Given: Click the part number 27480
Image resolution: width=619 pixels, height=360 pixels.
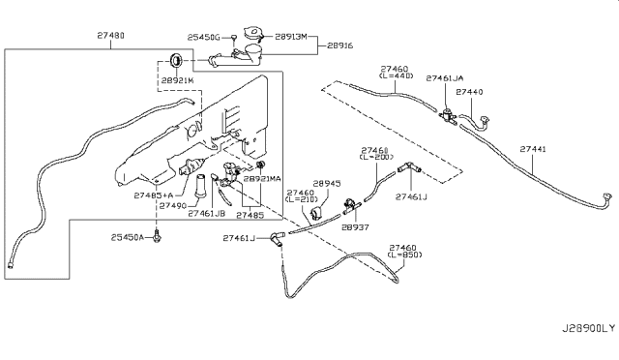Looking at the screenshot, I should click(x=108, y=35).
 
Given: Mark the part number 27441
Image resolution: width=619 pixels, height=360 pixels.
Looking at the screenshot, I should click(x=532, y=149).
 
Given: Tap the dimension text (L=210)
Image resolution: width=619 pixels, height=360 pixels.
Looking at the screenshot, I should click(x=304, y=201).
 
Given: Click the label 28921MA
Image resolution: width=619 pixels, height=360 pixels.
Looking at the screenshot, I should click(x=261, y=179).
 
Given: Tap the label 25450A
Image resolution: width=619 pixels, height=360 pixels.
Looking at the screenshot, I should click(x=127, y=237).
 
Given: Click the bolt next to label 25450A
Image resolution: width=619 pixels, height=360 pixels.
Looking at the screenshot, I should click(x=155, y=237).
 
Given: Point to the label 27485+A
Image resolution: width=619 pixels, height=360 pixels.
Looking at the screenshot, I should click(x=153, y=194).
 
